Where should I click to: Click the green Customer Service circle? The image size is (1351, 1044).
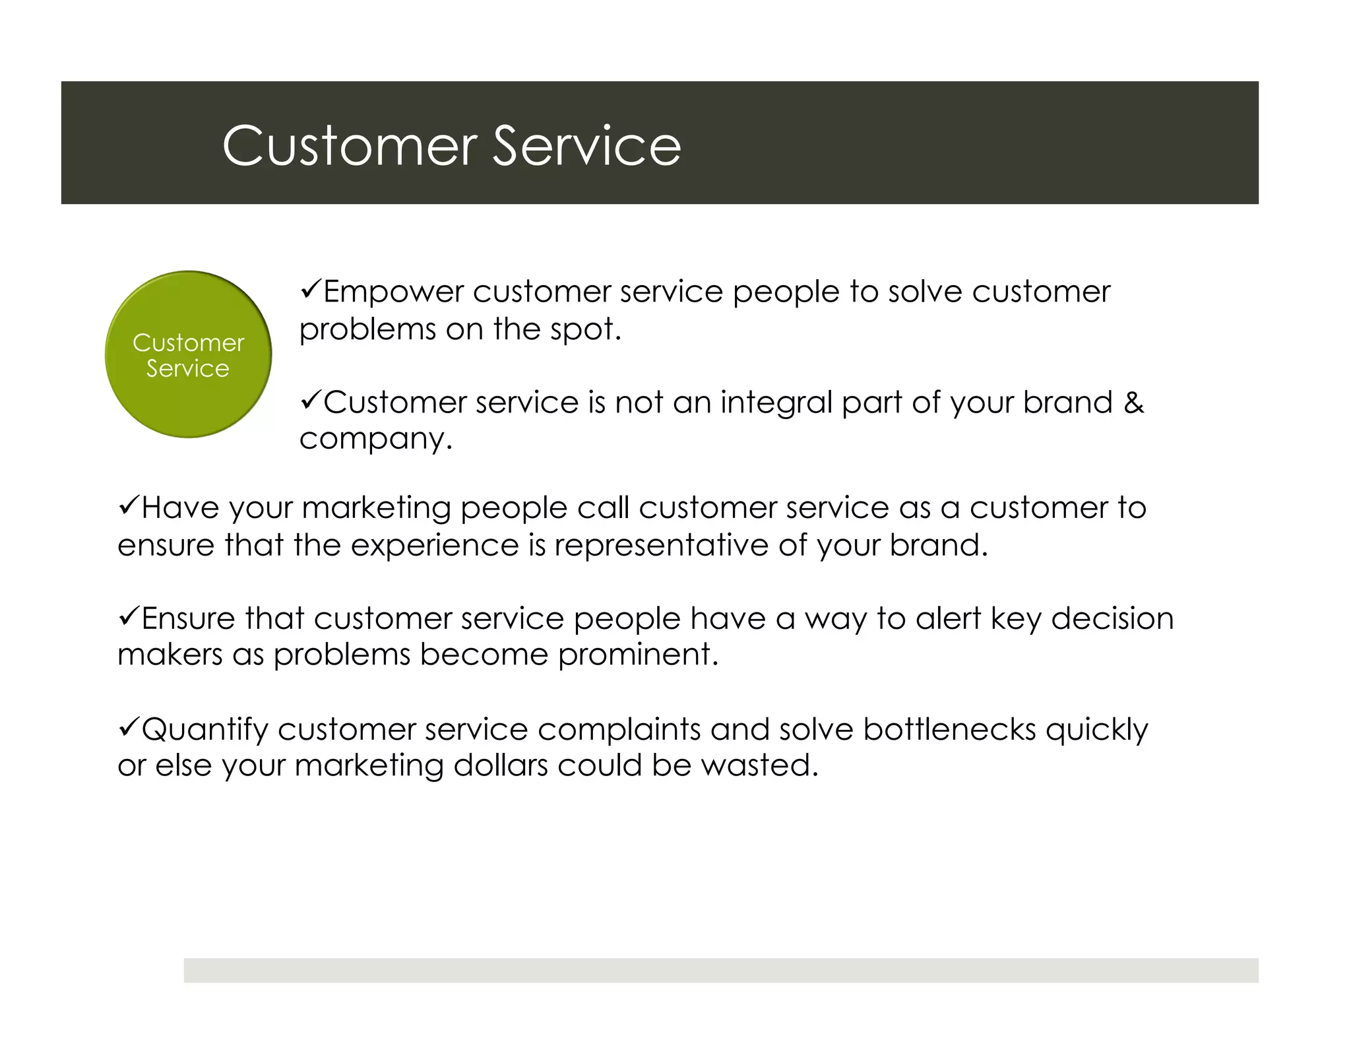pyautogui.click(x=188, y=354)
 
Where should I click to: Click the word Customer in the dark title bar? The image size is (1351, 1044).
pyautogui.click(x=350, y=146)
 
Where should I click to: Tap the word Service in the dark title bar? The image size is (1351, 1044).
pyautogui.click(x=586, y=146)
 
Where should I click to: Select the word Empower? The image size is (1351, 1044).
pyautogui.click(x=393, y=292)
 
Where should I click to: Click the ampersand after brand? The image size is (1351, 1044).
pyautogui.click(x=1133, y=402)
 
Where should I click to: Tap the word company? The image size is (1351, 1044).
pyautogui.click(x=375, y=439)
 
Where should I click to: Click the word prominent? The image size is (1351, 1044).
pyautogui.click(x=638, y=655)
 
